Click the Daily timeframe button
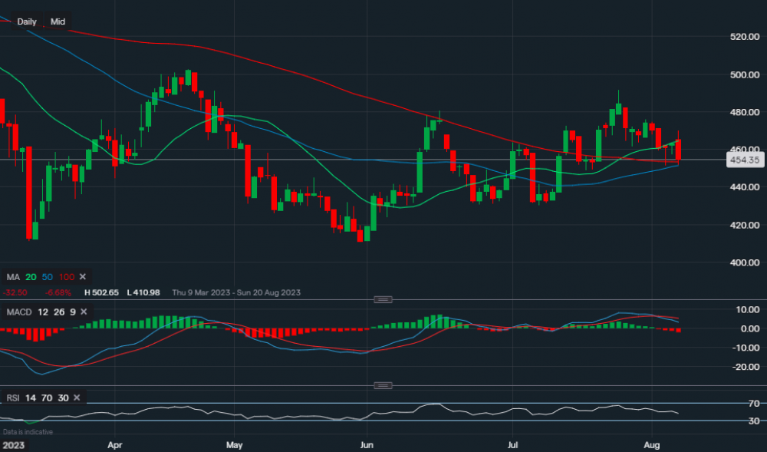pyautogui.click(x=27, y=21)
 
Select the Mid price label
pyautogui.click(x=58, y=21)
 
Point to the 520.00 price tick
pyautogui.click(x=744, y=36)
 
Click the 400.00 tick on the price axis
pyautogui.click(x=744, y=262)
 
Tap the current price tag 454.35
pyautogui.click(x=744, y=160)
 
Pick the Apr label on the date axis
pyautogui.click(x=115, y=444)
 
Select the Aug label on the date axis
pyautogui.click(x=653, y=444)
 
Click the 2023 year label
pyautogui.click(x=13, y=444)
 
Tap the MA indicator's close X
pyautogui.click(x=83, y=276)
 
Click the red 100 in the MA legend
pyautogui.click(x=67, y=276)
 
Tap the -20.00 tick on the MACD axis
pyautogui.click(x=744, y=367)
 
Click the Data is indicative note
pyautogui.click(x=28, y=432)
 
